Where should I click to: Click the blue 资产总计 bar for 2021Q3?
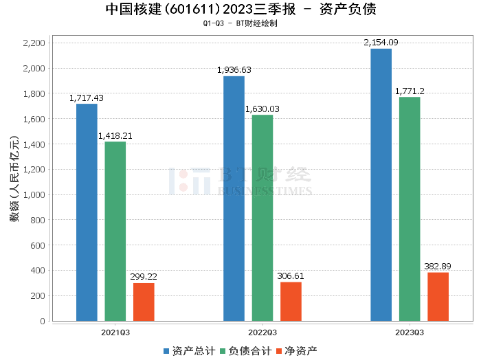pyautogui.click(x=87, y=212)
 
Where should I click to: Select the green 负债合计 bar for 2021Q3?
pyautogui.click(x=115, y=232)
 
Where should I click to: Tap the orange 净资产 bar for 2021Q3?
pyautogui.click(x=144, y=302)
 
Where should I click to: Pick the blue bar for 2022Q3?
pyautogui.click(x=234, y=199)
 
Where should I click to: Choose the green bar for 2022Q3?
pyautogui.click(x=262, y=218)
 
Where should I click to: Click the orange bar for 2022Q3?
pyautogui.click(x=291, y=301)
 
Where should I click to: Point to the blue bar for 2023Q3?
pyautogui.click(x=381, y=185)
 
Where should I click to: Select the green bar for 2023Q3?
pyautogui.click(x=410, y=209)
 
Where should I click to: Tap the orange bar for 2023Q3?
pyautogui.click(x=438, y=296)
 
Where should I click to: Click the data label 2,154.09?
pyautogui.click(x=381, y=43)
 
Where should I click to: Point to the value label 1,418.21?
pyautogui.click(x=115, y=136)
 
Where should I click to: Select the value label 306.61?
pyautogui.click(x=291, y=276)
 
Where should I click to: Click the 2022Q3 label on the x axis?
pyautogui.click(x=262, y=332)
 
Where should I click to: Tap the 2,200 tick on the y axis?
pyautogui.click(x=34, y=43)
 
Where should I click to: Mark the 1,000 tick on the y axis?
pyautogui.click(x=34, y=195)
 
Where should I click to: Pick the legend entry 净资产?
pyautogui.click(x=296, y=351)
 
